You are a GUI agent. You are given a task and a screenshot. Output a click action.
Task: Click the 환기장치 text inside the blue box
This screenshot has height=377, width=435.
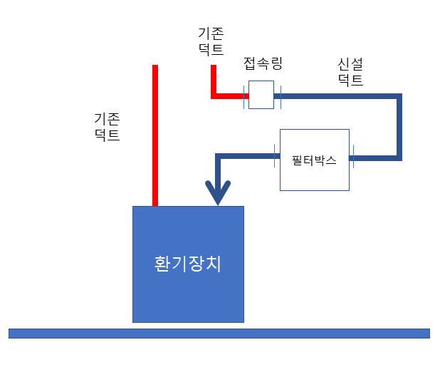click(x=188, y=264)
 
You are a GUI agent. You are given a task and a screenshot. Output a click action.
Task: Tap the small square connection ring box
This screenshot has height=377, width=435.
click(x=261, y=95)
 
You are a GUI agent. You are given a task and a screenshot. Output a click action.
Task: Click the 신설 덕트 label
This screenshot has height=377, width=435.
click(x=350, y=72)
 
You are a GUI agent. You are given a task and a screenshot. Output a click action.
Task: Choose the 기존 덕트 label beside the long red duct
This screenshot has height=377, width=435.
click(x=107, y=125)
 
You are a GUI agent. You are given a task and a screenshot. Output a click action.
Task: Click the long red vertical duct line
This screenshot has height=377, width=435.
click(x=154, y=135)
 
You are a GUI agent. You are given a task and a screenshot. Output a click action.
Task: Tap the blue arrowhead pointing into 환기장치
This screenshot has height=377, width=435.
click(x=218, y=192)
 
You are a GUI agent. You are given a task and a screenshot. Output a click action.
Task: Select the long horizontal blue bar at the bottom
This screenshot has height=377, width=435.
click(x=219, y=333)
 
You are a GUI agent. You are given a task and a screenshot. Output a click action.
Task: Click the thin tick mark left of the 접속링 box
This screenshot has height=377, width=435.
click(x=245, y=95)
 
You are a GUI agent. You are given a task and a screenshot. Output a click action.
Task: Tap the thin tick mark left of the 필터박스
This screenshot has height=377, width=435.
click(x=275, y=155)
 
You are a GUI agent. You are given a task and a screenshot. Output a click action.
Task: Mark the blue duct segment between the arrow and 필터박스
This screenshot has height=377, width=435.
click(x=246, y=155)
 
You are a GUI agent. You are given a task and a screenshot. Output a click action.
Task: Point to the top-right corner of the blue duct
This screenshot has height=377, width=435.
click(x=399, y=95)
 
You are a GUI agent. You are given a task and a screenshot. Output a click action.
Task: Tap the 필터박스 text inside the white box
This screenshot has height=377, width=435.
click(x=314, y=160)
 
